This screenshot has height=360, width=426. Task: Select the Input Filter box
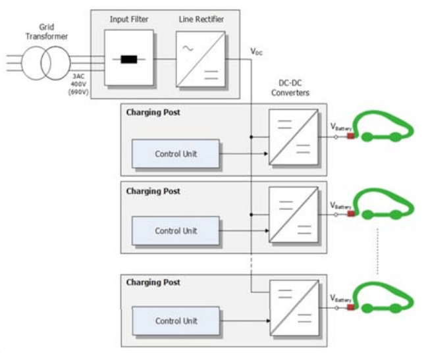tap(128, 58)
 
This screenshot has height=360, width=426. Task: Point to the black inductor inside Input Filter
tap(128, 59)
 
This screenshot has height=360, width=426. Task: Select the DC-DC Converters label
tap(290, 89)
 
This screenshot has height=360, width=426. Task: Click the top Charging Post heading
tap(153, 113)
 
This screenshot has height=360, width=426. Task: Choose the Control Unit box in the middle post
tap(176, 230)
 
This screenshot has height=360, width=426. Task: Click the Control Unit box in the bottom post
tap(176, 321)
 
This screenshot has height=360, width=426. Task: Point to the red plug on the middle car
tap(351, 213)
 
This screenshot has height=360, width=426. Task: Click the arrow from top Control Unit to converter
tap(243, 154)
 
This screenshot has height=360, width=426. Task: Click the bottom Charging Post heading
tap(153, 282)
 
